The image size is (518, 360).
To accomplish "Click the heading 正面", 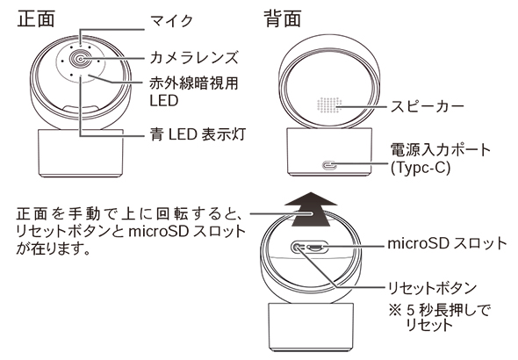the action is (x=36, y=18).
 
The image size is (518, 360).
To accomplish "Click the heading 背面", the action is (x=283, y=18).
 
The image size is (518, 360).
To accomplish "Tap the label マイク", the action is (x=171, y=21).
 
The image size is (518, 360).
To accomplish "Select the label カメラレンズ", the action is (x=194, y=57).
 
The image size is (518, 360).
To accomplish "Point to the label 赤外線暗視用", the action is (x=194, y=83).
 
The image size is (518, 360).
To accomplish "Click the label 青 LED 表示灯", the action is (x=198, y=134).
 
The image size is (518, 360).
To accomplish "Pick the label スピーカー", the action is (x=427, y=106).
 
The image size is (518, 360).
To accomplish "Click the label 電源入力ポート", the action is (x=441, y=150).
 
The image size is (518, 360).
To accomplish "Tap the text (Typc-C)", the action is (x=421, y=168).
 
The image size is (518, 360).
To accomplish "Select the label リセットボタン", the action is (x=432, y=288).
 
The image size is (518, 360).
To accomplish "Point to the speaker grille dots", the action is (x=328, y=106).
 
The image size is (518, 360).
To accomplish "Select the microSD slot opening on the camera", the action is (x=316, y=248).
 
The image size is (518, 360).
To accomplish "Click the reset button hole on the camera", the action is (x=298, y=247).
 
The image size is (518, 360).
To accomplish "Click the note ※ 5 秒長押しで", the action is (x=440, y=311).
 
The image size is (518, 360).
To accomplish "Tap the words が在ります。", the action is (x=53, y=248).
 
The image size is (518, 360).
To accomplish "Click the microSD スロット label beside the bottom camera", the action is (x=447, y=243).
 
